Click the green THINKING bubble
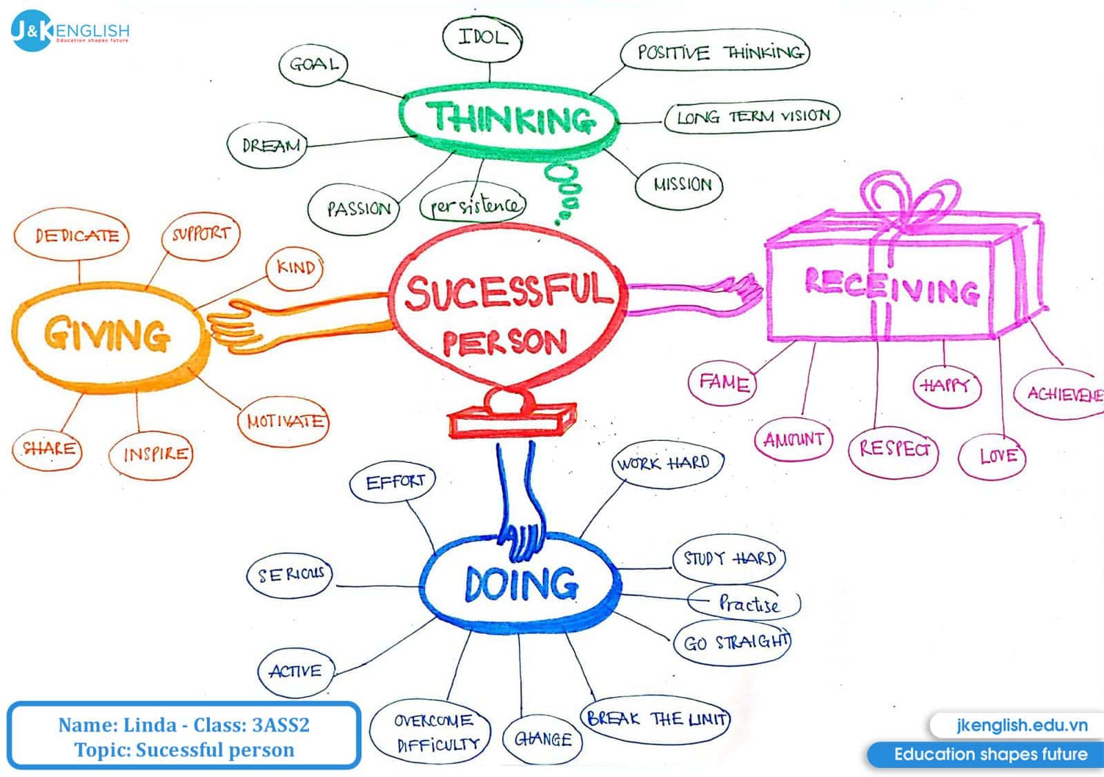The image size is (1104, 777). point(509,118)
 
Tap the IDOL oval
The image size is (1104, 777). point(482,38)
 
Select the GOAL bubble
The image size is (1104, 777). point(313,65)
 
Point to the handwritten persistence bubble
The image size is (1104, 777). point(473,205)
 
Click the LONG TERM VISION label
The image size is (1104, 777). point(752,117)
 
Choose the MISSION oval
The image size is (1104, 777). point(680,185)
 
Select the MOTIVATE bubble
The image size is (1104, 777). point(284,421)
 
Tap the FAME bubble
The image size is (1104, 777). point(723,382)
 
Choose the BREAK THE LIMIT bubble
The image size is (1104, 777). point(655,720)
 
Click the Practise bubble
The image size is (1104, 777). point(747,604)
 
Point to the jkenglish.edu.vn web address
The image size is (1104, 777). point(1021,725)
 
